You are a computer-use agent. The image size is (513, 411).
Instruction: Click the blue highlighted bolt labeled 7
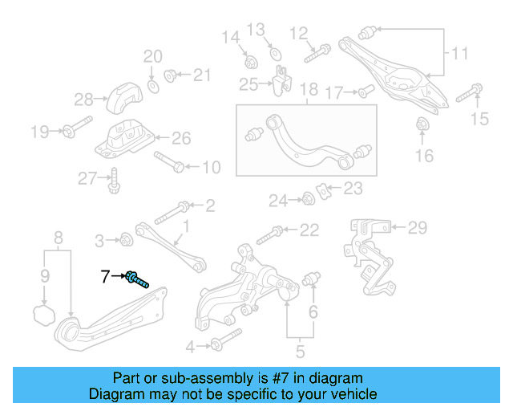point(138,279)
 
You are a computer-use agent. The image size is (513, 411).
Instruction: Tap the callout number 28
point(84,100)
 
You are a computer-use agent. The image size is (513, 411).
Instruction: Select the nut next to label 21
point(170,75)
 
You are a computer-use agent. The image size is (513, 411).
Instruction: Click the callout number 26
point(181,138)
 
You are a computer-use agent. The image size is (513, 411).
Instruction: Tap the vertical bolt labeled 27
point(115,181)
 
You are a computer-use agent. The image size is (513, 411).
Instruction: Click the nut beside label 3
point(126,238)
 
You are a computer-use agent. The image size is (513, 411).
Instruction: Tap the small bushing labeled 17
point(362,91)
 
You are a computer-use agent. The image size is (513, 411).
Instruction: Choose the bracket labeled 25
point(281,81)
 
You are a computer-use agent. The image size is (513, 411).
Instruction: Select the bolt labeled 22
point(269,234)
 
